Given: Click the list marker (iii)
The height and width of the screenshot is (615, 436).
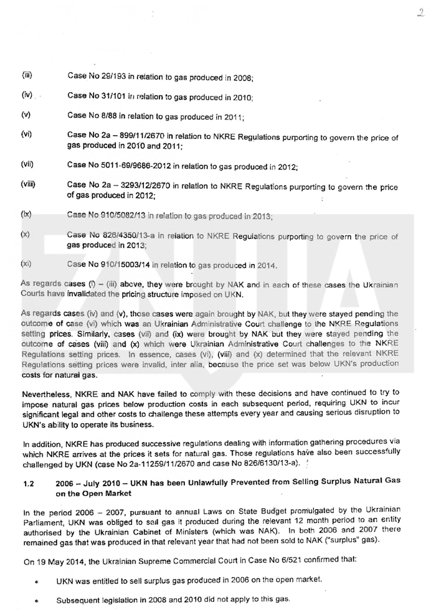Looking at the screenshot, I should [27, 76].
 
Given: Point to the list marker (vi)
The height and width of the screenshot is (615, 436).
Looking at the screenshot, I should [26, 134].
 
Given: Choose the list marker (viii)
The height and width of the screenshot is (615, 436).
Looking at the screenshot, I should [28, 185].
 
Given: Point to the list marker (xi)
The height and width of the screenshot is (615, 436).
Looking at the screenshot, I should [26, 264].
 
